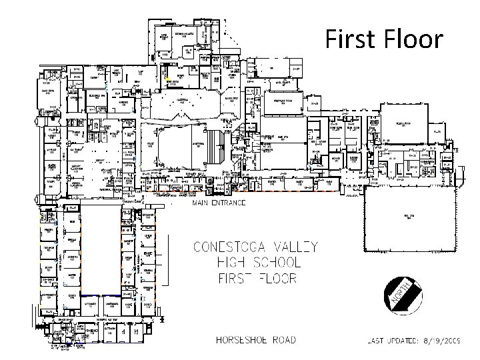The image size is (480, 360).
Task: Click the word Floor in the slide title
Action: click(412, 39)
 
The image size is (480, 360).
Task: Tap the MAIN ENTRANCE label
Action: click(219, 201)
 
